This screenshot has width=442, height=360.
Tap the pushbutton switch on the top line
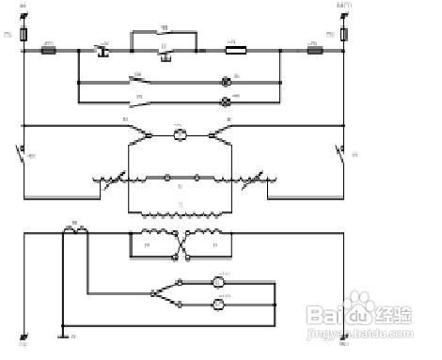pyautogui.click(x=105, y=48)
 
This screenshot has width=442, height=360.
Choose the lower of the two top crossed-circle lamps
pyautogui.click(x=226, y=100)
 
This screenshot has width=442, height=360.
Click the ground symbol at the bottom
pyautogui.click(x=62, y=331)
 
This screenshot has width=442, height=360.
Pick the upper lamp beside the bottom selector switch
pyautogui.click(x=217, y=282)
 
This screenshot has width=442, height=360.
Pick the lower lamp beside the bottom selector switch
pyautogui.click(x=217, y=304)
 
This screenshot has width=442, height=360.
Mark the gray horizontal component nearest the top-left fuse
pyautogui.click(x=49, y=49)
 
